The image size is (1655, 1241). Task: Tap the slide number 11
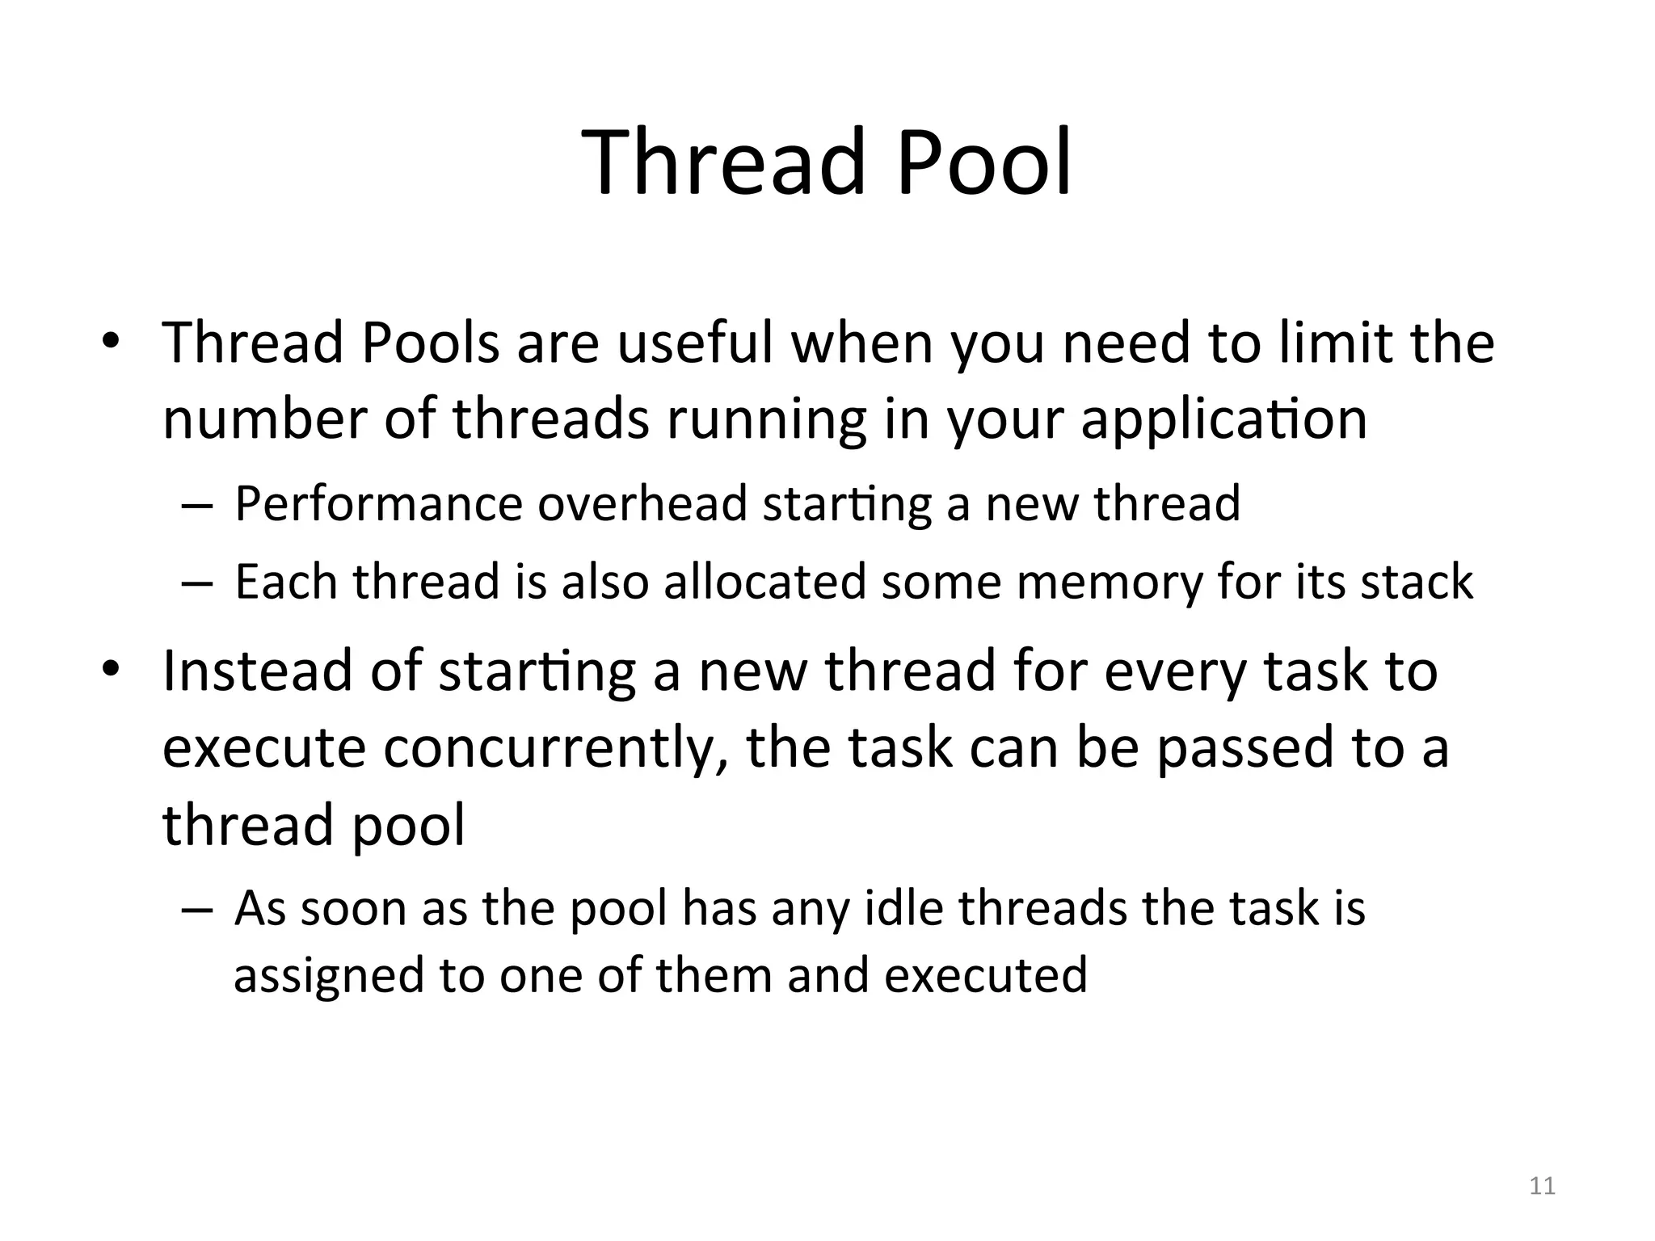[x=1542, y=1186]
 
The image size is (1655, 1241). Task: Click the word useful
[x=695, y=343]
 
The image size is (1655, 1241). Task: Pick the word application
[x=1223, y=420]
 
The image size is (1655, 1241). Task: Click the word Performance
[x=379, y=504]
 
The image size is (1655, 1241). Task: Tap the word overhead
[x=642, y=503]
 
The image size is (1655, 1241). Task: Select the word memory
[x=1110, y=582]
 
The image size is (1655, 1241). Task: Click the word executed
[x=986, y=974]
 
